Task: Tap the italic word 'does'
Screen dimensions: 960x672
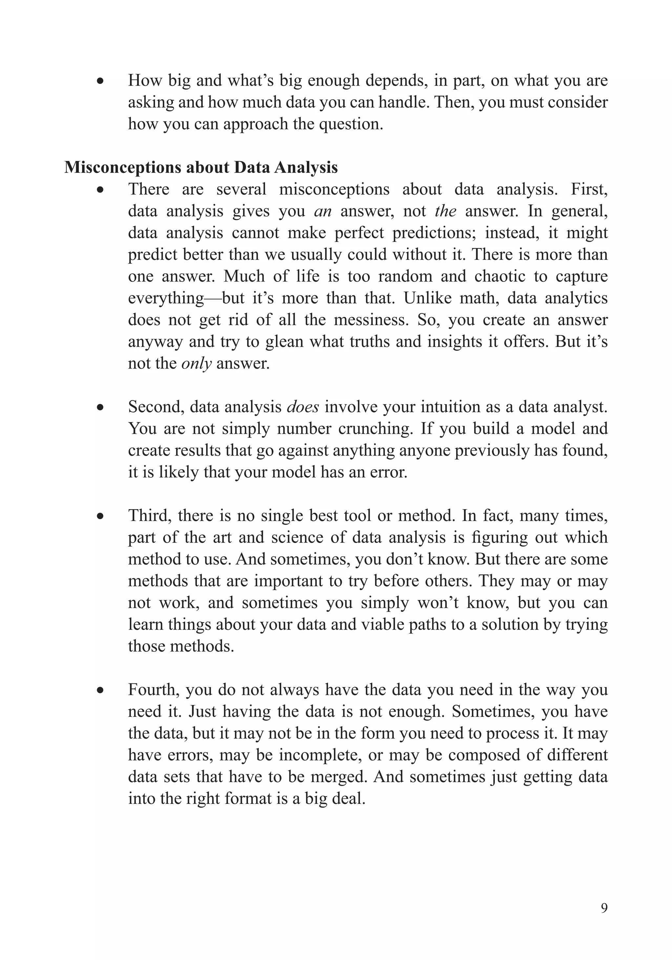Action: tap(303, 407)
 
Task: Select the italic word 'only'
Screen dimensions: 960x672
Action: tap(196, 364)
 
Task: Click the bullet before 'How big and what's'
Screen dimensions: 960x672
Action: tap(100, 81)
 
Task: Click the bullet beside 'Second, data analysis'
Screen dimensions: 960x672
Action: tap(100, 407)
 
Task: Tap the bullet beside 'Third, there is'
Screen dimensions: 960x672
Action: tap(100, 516)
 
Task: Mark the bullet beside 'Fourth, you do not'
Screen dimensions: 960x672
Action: tap(100, 690)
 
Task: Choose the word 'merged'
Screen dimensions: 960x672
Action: tap(338, 777)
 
